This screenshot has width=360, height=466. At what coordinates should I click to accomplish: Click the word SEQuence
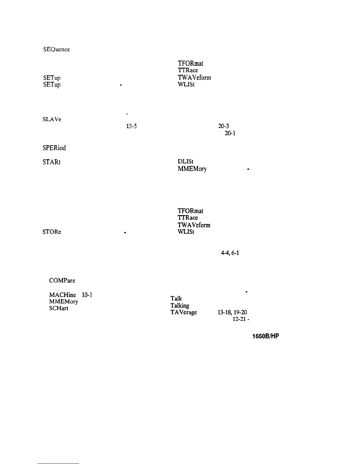tap(56, 49)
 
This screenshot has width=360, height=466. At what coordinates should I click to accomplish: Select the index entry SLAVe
tap(52, 120)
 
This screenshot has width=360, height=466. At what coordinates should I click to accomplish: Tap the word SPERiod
tap(54, 148)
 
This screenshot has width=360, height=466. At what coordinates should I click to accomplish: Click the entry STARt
tap(52, 162)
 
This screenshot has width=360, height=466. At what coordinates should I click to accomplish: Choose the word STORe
tap(52, 232)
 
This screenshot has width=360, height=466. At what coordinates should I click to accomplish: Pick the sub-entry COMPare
tap(62, 281)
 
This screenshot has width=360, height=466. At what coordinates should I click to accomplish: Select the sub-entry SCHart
tap(59, 309)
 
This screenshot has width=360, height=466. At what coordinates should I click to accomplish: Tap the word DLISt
tap(185, 162)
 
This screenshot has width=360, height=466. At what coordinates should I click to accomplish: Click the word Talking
tap(180, 305)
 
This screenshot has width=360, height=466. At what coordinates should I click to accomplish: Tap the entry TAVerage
tap(184, 312)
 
